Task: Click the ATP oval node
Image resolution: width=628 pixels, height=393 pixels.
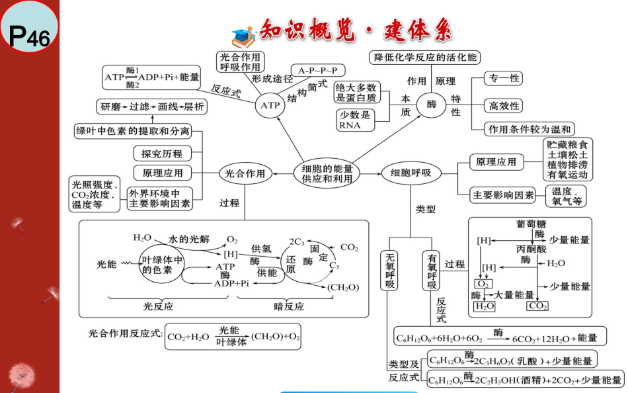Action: coord(270,105)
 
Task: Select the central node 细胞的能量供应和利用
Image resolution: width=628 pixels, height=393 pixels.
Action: coord(327,173)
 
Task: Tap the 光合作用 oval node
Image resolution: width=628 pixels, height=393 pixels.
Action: coord(245,173)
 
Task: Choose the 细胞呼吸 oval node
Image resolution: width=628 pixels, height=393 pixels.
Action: coord(411,173)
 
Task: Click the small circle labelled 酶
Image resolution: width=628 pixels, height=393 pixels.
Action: coord(432,105)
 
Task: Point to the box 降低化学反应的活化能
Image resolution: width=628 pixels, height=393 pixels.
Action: coord(424,58)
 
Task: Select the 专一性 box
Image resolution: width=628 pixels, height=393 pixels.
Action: coord(504,78)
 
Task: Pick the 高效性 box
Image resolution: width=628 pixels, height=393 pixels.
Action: coord(504,106)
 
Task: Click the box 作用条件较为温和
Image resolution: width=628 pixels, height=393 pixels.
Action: coord(529,129)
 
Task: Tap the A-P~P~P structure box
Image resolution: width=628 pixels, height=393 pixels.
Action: coord(317,71)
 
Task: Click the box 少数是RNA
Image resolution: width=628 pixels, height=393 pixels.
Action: coord(356,120)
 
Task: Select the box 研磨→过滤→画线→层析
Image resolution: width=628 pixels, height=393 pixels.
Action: coord(152,107)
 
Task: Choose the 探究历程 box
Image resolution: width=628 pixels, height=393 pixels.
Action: coord(162,153)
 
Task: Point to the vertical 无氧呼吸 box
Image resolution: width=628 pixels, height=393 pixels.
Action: coord(389,271)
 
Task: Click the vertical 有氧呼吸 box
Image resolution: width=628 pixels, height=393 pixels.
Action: coord(431,271)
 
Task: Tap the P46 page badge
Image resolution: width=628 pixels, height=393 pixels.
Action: coord(29,27)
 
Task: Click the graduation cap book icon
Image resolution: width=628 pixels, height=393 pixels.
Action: coord(243,37)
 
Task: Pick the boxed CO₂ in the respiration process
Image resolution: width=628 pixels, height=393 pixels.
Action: coord(537,306)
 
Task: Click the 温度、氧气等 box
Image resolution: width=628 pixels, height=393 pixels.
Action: coord(566,196)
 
